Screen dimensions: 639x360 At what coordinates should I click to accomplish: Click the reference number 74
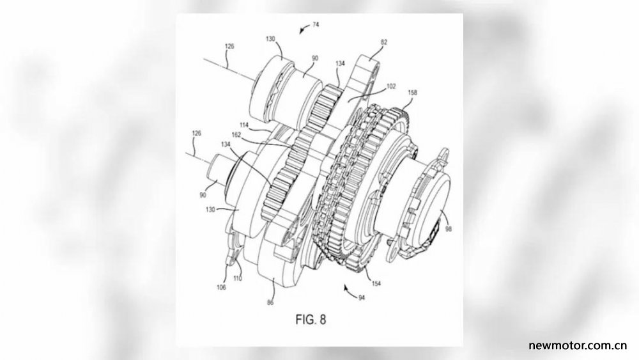[x=316, y=24]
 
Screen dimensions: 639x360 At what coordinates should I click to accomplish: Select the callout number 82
[x=384, y=42]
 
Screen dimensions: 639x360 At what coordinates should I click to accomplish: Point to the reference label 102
[x=391, y=86]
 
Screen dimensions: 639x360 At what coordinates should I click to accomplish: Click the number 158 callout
[x=412, y=93]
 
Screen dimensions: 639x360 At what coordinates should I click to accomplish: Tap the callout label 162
[x=236, y=134]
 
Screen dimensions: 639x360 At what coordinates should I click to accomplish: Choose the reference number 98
[x=449, y=229]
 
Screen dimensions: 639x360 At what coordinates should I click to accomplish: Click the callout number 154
[x=376, y=283]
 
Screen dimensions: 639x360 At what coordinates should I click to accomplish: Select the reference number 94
[x=362, y=297]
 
